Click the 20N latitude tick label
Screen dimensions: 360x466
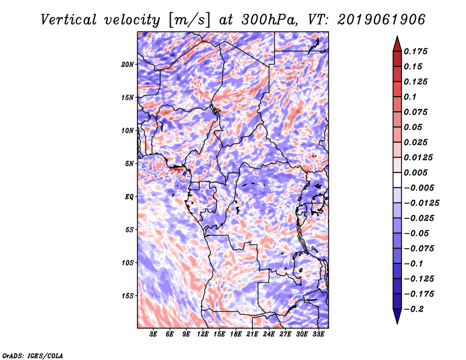(x=128, y=64)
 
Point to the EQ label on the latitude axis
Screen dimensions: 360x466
(x=129, y=197)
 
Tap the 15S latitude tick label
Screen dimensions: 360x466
(x=128, y=296)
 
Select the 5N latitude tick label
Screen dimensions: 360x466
(x=129, y=164)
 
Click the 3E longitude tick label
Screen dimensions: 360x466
(x=153, y=335)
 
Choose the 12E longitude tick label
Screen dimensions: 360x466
(x=203, y=335)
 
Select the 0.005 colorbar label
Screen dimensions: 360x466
(x=417, y=172)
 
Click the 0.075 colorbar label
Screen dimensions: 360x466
(x=417, y=112)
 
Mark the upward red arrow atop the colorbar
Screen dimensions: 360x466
(x=397, y=43)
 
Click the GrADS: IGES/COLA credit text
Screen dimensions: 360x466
(x=32, y=355)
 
